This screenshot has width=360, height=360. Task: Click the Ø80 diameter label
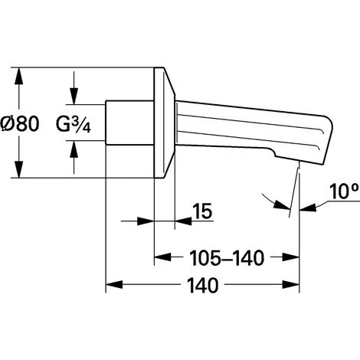coord(20,124)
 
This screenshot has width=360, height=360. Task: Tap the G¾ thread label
coord(74,124)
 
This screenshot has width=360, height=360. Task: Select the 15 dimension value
coord(203,211)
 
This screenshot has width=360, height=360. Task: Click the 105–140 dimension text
coord(227,258)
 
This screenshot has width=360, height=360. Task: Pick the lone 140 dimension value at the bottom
coord(203,285)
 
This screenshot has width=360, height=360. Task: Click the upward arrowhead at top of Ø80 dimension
coord(18,76)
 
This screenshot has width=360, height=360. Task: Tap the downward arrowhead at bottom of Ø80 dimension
coord(18,169)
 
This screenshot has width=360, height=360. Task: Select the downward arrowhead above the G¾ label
coord(74,96)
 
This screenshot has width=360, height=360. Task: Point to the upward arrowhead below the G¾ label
coord(74,149)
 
